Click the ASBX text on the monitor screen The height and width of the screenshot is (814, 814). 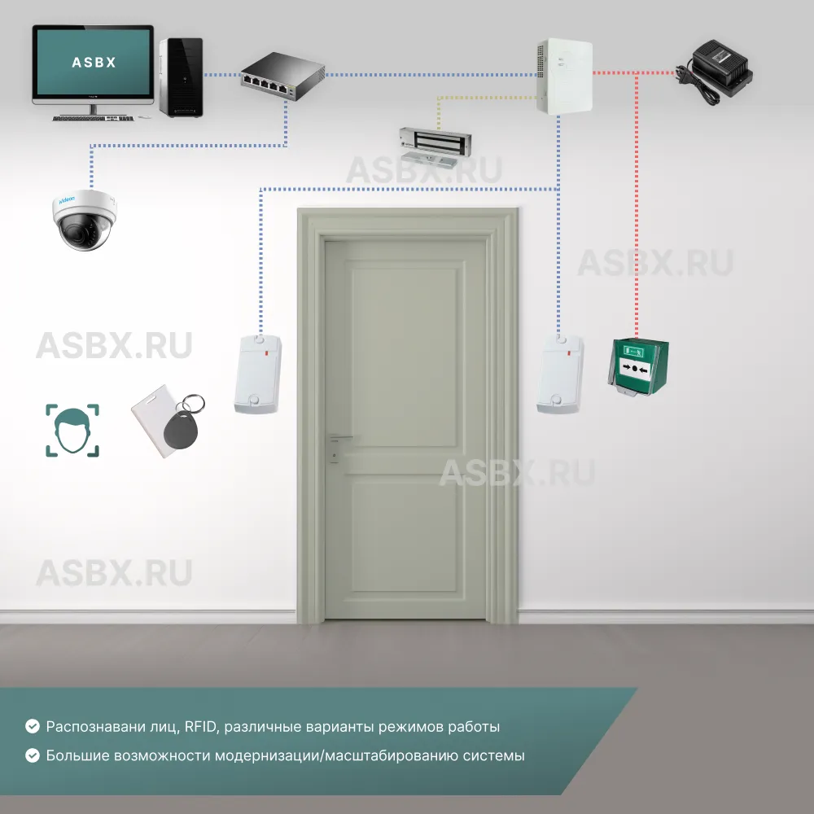[94, 62]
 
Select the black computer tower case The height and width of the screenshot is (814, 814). [180, 77]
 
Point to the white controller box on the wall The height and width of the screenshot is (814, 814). [564, 75]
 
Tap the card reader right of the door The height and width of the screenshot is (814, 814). [560, 374]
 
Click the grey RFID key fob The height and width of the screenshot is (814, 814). [182, 423]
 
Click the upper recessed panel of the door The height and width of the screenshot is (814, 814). [404, 357]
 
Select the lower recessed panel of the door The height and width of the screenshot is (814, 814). [404, 533]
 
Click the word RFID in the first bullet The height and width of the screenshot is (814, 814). [200, 726]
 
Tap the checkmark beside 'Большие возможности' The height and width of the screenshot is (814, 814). [33, 755]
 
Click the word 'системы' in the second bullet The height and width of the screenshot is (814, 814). [497, 755]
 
